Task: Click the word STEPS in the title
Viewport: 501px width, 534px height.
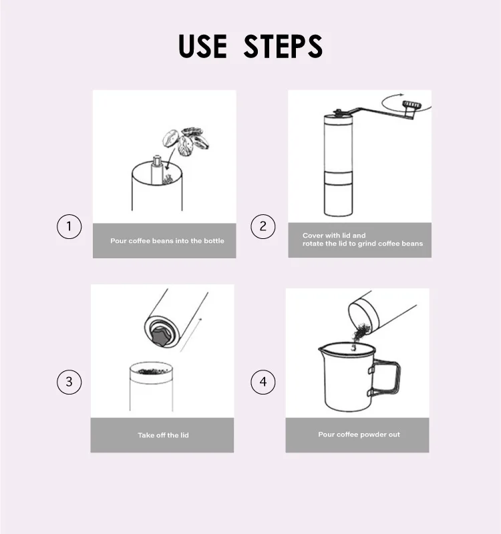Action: tap(283, 46)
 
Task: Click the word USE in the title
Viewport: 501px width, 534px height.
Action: tap(202, 46)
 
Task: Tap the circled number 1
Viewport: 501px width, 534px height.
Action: tap(69, 226)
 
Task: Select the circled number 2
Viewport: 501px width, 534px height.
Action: tap(263, 226)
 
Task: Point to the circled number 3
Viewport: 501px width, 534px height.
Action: tap(69, 382)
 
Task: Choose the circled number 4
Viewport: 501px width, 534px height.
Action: tap(263, 382)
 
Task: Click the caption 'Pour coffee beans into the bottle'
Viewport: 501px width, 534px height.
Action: tap(167, 241)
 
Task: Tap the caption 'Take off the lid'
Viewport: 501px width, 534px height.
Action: tap(163, 435)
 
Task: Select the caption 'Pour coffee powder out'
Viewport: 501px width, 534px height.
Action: tap(359, 435)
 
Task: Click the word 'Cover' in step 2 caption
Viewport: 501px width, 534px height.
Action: tap(312, 236)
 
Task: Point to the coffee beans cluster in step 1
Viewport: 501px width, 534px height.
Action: tap(186, 142)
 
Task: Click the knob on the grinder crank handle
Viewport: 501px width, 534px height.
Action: tap(411, 105)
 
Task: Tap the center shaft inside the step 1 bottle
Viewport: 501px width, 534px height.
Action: tap(156, 170)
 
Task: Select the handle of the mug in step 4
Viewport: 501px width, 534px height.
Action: tap(387, 378)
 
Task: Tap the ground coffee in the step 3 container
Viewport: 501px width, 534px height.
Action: tap(151, 371)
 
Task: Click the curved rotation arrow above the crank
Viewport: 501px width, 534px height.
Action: tap(405, 102)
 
